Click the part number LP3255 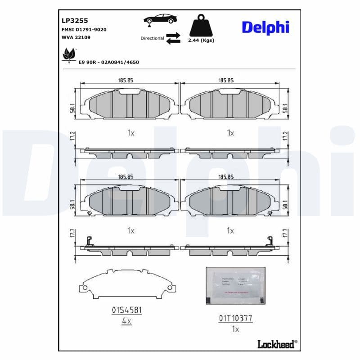click(x=75, y=21)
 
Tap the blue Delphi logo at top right click(x=265, y=27)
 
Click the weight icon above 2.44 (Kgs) click(x=200, y=27)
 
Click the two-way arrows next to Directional click(x=173, y=38)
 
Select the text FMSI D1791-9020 click(x=84, y=29)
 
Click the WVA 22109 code click(x=76, y=37)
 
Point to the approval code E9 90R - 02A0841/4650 click(x=108, y=62)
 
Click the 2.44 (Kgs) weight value click(x=201, y=40)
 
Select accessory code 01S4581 click(x=127, y=310)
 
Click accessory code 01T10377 click(x=235, y=318)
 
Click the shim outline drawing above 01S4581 click(x=126, y=285)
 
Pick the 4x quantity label click(x=127, y=321)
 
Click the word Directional click(x=152, y=38)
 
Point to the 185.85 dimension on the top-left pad click(x=126, y=80)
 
